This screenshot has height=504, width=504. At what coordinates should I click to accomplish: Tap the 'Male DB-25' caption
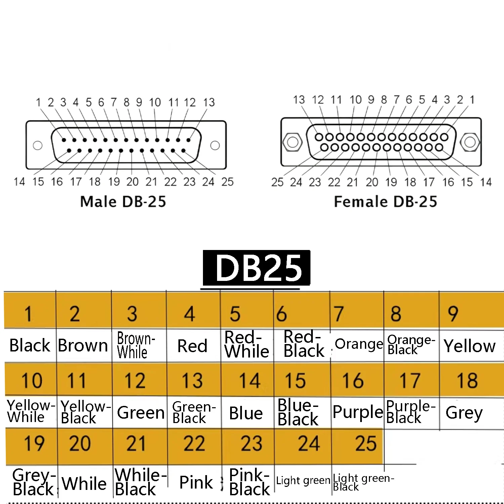[x=123, y=202]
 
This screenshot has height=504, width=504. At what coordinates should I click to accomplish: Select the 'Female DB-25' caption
[x=385, y=202]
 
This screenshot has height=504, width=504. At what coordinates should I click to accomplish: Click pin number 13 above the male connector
[x=209, y=102]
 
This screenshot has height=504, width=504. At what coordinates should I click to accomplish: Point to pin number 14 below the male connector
[x=19, y=182]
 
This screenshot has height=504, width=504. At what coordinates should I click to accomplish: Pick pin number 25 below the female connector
[x=278, y=182]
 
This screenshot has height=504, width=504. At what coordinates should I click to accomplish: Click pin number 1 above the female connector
[x=472, y=99]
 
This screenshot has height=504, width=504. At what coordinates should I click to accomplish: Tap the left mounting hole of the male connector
[x=38, y=145]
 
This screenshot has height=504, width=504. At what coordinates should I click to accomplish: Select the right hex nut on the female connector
[x=469, y=142]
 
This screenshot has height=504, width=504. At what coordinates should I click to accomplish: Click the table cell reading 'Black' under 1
[x=30, y=345]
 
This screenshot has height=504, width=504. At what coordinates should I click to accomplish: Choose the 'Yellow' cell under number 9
[x=470, y=346]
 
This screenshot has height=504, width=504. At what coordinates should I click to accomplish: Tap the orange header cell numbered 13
[x=193, y=380]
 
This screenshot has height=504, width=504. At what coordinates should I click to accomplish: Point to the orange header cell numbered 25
[x=357, y=444]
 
